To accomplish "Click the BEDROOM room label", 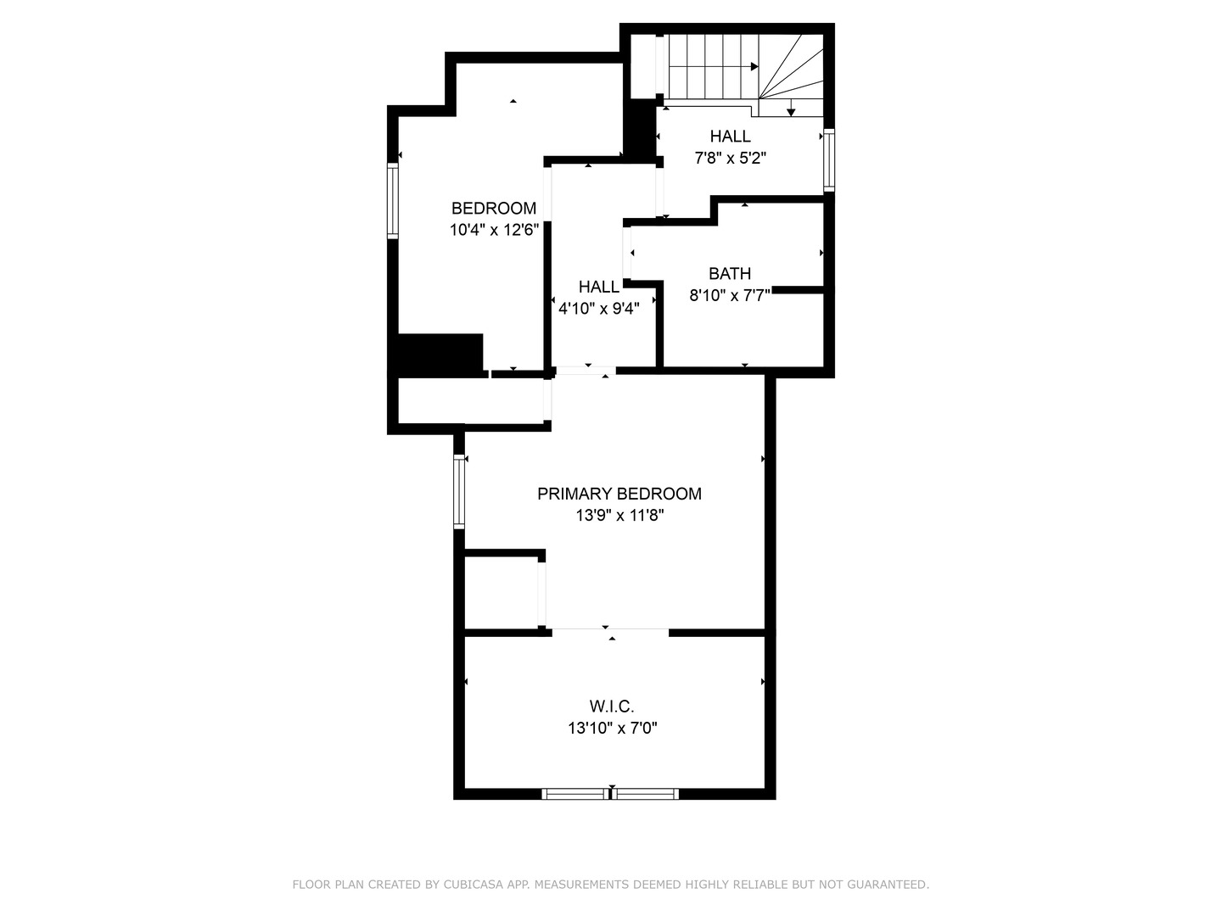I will (x=493, y=209).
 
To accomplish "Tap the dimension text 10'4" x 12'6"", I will (x=494, y=230).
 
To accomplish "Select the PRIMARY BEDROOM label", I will (x=619, y=494).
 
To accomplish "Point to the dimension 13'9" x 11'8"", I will (x=619, y=515).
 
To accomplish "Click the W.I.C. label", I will (x=612, y=707).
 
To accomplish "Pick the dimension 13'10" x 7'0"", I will (x=612, y=728).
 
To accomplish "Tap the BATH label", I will (x=730, y=274).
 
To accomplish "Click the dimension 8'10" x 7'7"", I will (x=730, y=295).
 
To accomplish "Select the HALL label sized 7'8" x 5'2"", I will (x=730, y=137).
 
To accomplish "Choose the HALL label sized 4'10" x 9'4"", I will (x=599, y=288).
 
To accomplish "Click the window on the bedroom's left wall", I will (x=392, y=201).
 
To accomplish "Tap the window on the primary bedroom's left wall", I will (x=459, y=491).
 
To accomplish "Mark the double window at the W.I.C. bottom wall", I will (x=610, y=794).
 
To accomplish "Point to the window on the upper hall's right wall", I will (x=829, y=159).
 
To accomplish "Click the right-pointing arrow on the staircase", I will (x=754, y=66).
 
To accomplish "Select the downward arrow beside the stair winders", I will (x=791, y=111).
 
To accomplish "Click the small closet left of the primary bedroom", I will (x=501, y=592).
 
